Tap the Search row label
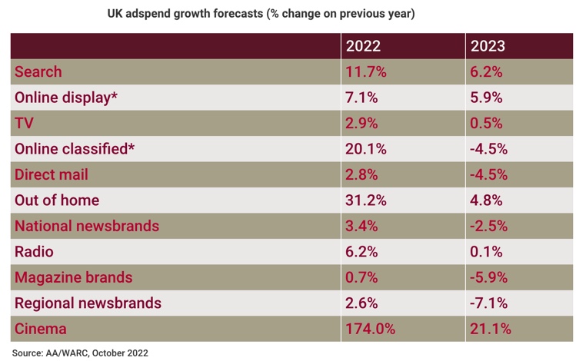tap(38, 72)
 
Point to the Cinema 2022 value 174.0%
tap(371, 329)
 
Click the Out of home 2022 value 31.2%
tap(366, 200)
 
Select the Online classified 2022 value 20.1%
tap(366, 149)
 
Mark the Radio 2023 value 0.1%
tap(484, 251)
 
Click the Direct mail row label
tap(52, 174)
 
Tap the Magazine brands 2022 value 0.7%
tap(362, 277)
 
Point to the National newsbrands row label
tap(87, 226)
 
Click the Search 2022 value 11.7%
tap(366, 72)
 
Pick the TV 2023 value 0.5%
tap(484, 124)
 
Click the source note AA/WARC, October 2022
tap(80, 353)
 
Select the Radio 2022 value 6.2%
tap(362, 251)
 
